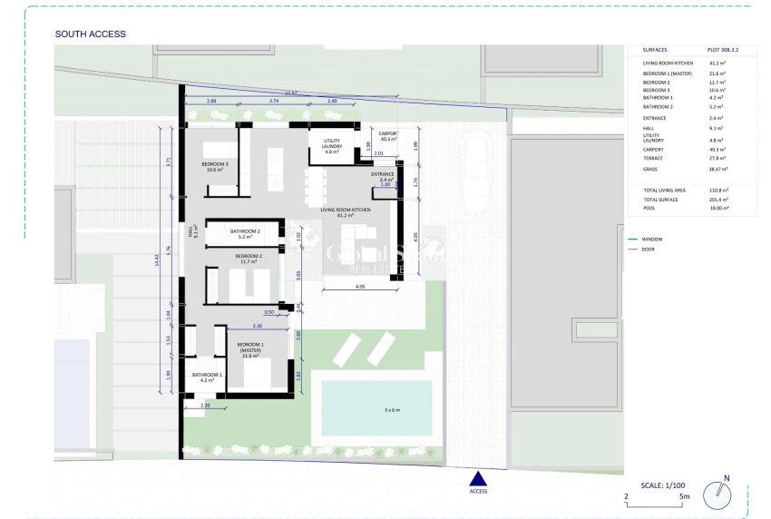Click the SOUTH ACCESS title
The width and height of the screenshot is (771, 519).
pyautogui.click(x=90, y=34)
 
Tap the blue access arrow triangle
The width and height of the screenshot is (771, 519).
pyautogui.click(x=478, y=479)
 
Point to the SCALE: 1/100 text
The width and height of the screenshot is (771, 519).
pyautogui.click(x=664, y=485)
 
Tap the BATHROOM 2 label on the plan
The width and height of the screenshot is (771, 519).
pyautogui.click(x=245, y=233)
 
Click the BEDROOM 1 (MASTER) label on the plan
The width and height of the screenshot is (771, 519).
pyautogui.click(x=250, y=348)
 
